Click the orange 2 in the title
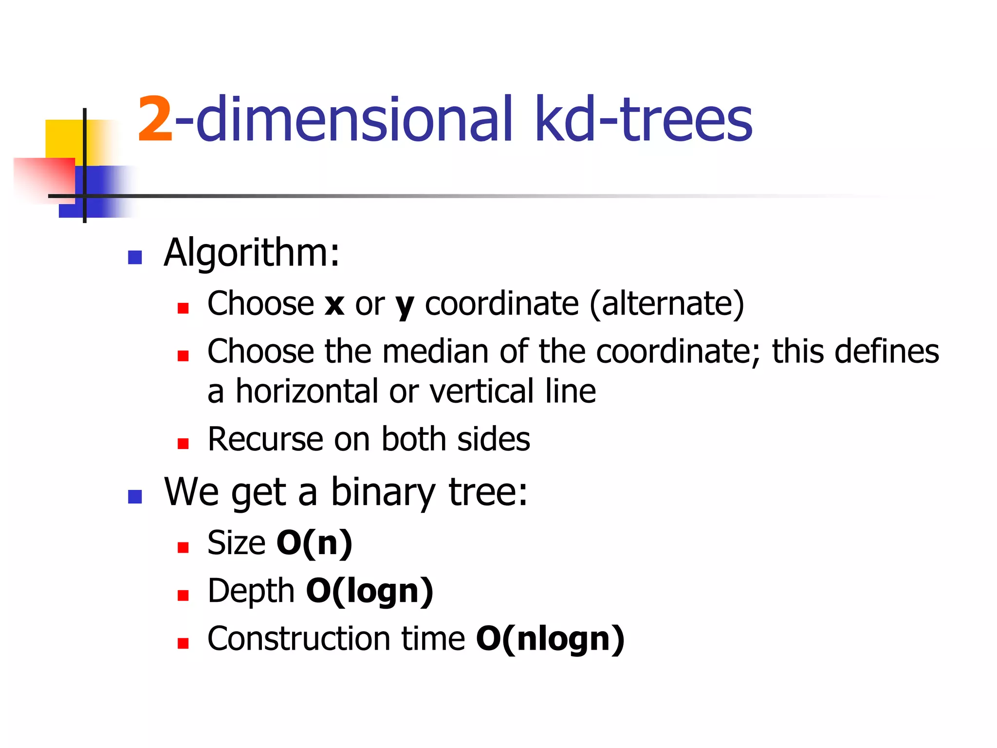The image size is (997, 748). click(155, 119)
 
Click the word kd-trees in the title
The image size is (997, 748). click(643, 119)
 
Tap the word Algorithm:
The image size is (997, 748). click(251, 253)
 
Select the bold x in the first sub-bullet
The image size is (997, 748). click(334, 304)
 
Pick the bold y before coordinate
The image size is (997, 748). click(405, 306)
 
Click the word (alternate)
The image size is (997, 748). click(666, 304)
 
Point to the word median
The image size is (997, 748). click(435, 352)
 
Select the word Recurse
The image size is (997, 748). click(265, 440)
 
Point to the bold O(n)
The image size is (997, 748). click(314, 543)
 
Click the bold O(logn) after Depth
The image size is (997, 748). click(369, 591)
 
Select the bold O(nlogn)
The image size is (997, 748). click(550, 639)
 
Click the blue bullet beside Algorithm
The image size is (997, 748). click(134, 257)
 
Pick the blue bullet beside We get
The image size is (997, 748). click(134, 497)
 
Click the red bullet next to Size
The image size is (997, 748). click(183, 548)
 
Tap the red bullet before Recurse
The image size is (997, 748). click(183, 444)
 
